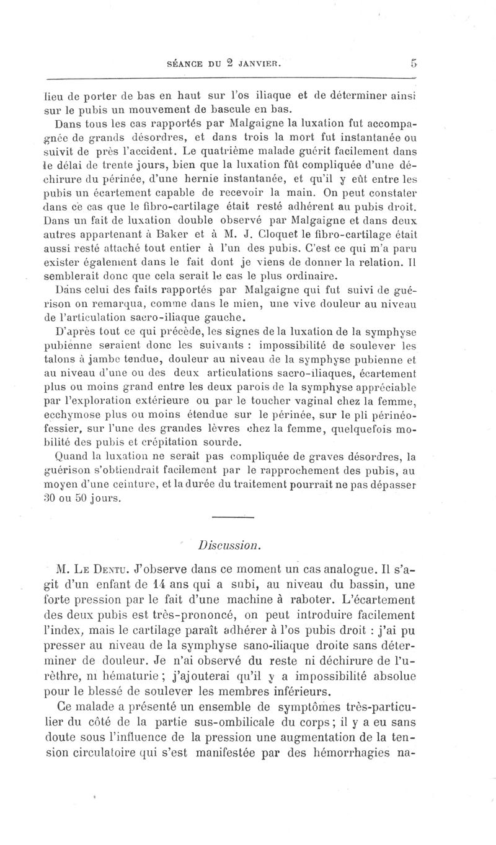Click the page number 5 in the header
coord(412,62)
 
